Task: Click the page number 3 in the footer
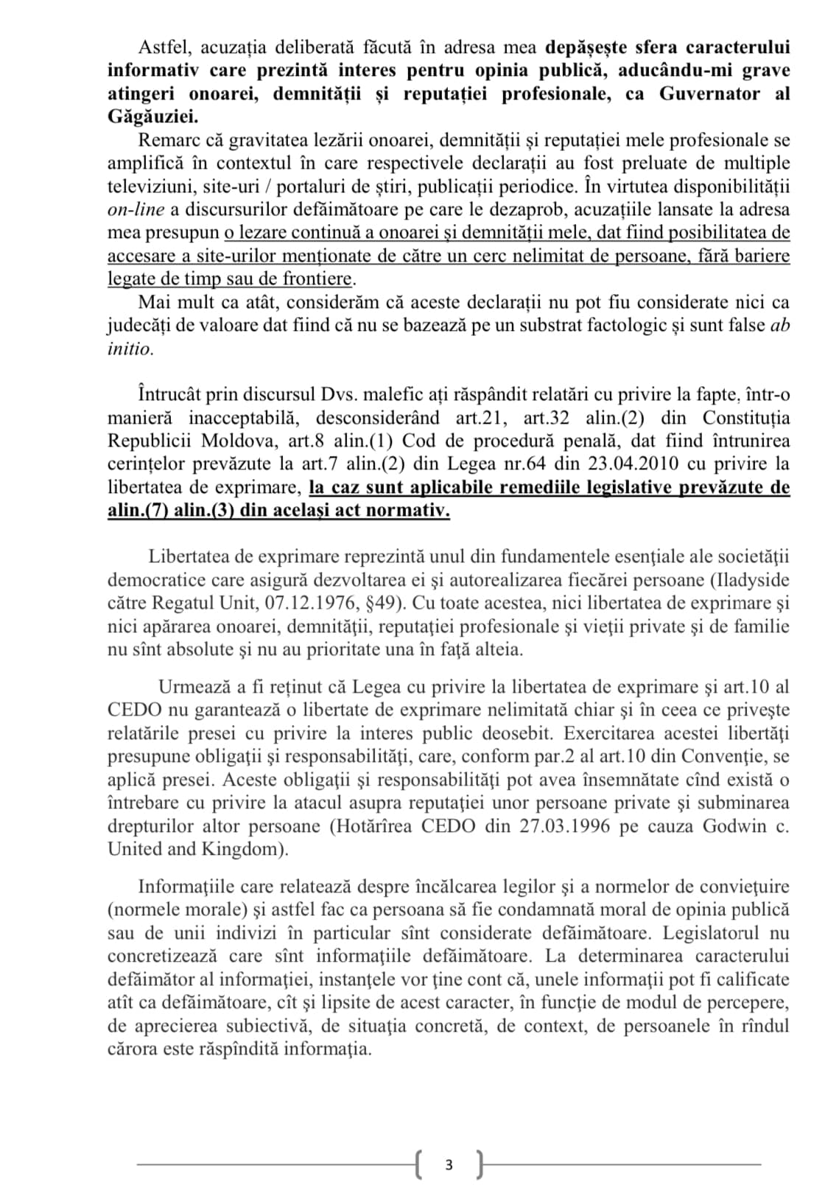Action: [449, 1164]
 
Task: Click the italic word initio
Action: [129, 349]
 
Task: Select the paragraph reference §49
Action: [376, 604]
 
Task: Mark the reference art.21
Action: [481, 418]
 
